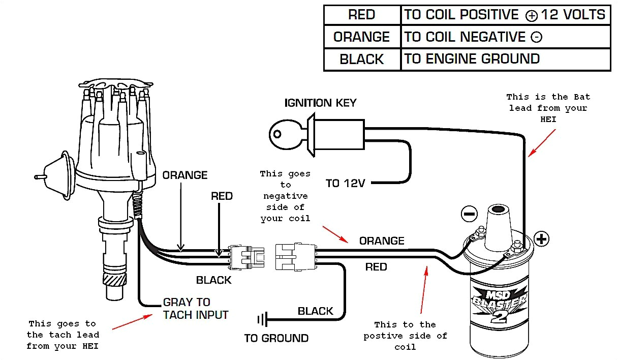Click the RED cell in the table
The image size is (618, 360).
(362, 15)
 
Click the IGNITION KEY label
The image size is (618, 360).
(320, 103)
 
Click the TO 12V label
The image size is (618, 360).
(346, 183)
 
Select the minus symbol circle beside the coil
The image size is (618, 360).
(469, 214)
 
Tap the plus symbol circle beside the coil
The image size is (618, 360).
(542, 238)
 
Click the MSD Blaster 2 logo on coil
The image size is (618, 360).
(500, 305)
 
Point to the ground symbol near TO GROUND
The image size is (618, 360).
(262, 320)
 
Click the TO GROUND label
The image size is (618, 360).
(276, 338)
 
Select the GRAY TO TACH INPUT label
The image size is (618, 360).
(195, 309)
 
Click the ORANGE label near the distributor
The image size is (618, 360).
(185, 175)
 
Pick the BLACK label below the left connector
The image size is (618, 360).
(213, 280)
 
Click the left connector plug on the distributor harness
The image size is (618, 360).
(246, 256)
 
